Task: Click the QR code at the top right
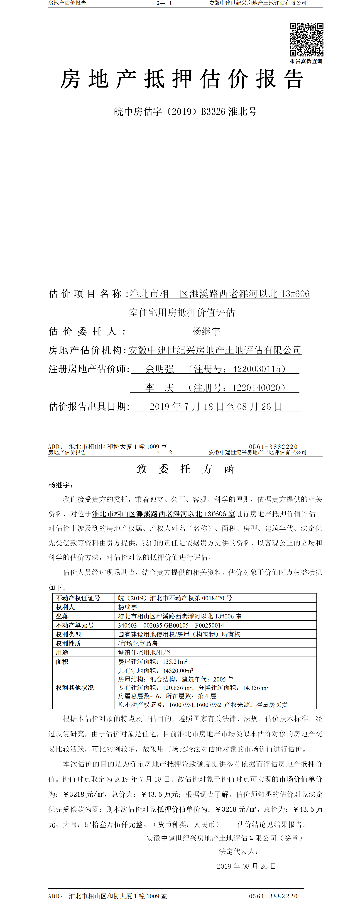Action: (x=306, y=39)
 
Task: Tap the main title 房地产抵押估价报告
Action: (x=181, y=79)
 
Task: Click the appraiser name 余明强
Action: (x=159, y=369)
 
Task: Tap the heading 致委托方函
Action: (x=185, y=469)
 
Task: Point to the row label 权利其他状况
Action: (x=75, y=687)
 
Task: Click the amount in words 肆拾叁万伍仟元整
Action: (x=113, y=824)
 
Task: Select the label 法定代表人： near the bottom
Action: (x=238, y=852)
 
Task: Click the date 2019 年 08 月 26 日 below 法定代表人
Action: (x=246, y=866)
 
